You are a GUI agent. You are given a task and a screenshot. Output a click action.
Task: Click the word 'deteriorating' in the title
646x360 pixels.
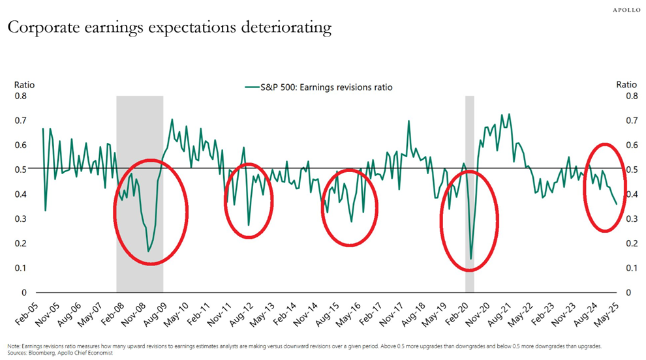click(x=280, y=28)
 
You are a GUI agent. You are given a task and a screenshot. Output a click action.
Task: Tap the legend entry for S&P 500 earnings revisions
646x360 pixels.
click(x=318, y=87)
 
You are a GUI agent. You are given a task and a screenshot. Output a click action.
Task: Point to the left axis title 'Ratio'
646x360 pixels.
click(x=25, y=85)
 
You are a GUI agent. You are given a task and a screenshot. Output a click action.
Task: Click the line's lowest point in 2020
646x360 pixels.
click(x=470, y=259)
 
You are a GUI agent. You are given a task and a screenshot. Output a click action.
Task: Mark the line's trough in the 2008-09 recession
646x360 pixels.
click(x=149, y=251)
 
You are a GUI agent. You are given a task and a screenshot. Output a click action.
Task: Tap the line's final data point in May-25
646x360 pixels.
click(x=616, y=204)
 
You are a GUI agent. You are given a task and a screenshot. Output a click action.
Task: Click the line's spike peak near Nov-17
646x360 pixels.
click(x=408, y=121)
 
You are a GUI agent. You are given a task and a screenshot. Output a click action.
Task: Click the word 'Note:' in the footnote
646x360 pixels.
click(x=13, y=346)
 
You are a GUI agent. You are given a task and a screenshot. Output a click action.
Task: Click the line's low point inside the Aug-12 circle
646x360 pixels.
click(x=249, y=225)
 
